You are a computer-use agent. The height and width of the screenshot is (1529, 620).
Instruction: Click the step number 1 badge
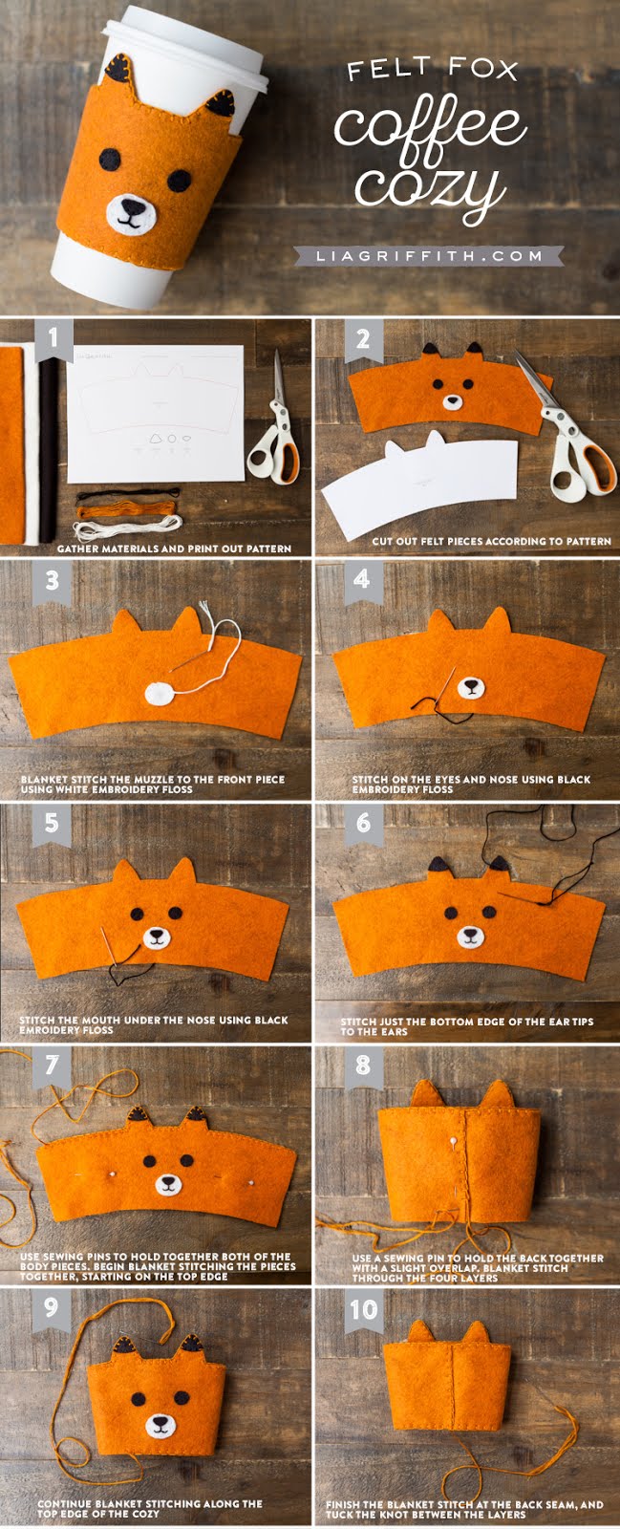53,338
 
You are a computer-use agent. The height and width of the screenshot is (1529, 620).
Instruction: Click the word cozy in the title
432,184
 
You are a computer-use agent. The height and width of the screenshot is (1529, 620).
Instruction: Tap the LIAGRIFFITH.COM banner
429,255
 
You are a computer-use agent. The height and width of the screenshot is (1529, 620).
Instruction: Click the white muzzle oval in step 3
159,693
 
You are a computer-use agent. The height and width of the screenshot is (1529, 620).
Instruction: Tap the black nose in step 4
469,685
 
